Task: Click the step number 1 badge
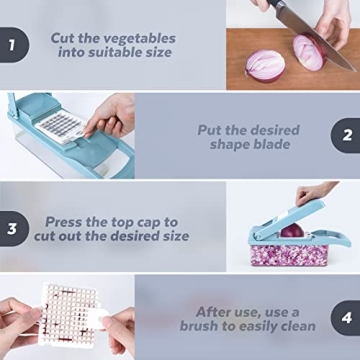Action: point(12,46)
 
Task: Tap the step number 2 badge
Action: point(346,135)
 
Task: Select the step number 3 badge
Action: point(12,229)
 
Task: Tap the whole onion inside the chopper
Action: point(289,231)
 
